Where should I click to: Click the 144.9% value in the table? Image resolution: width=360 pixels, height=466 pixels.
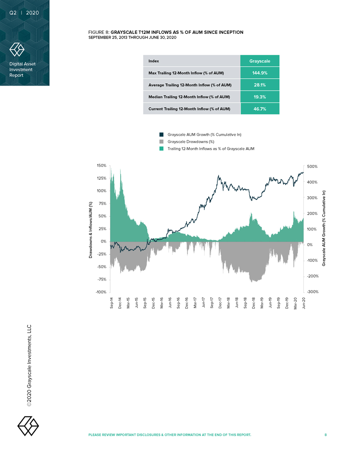tap(260, 72)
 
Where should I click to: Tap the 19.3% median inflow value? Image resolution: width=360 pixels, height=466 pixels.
tap(260, 97)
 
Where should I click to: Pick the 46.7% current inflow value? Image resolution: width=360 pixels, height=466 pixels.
tap(260, 108)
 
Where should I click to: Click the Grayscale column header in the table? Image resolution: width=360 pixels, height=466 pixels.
tap(260, 61)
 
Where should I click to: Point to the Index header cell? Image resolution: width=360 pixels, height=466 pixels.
tap(154, 61)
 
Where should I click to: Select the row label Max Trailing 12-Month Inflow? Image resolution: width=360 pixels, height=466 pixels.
tap(190, 72)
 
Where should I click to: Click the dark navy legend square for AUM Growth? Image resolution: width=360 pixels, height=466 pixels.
tap(161, 134)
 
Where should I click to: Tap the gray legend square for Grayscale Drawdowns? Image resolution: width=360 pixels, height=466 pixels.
tap(161, 141)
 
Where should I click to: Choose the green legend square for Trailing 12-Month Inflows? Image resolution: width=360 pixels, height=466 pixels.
tap(161, 148)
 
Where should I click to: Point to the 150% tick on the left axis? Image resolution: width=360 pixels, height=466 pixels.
tap(101, 166)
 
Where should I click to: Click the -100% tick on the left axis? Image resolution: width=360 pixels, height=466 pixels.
tap(101, 292)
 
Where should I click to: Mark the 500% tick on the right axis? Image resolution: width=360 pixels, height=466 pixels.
tap(312, 166)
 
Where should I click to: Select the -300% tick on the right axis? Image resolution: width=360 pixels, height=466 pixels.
tap(312, 292)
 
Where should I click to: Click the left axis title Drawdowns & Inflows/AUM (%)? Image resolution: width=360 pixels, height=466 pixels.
tap(90, 229)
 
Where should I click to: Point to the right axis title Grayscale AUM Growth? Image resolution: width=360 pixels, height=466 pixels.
tap(324, 228)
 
